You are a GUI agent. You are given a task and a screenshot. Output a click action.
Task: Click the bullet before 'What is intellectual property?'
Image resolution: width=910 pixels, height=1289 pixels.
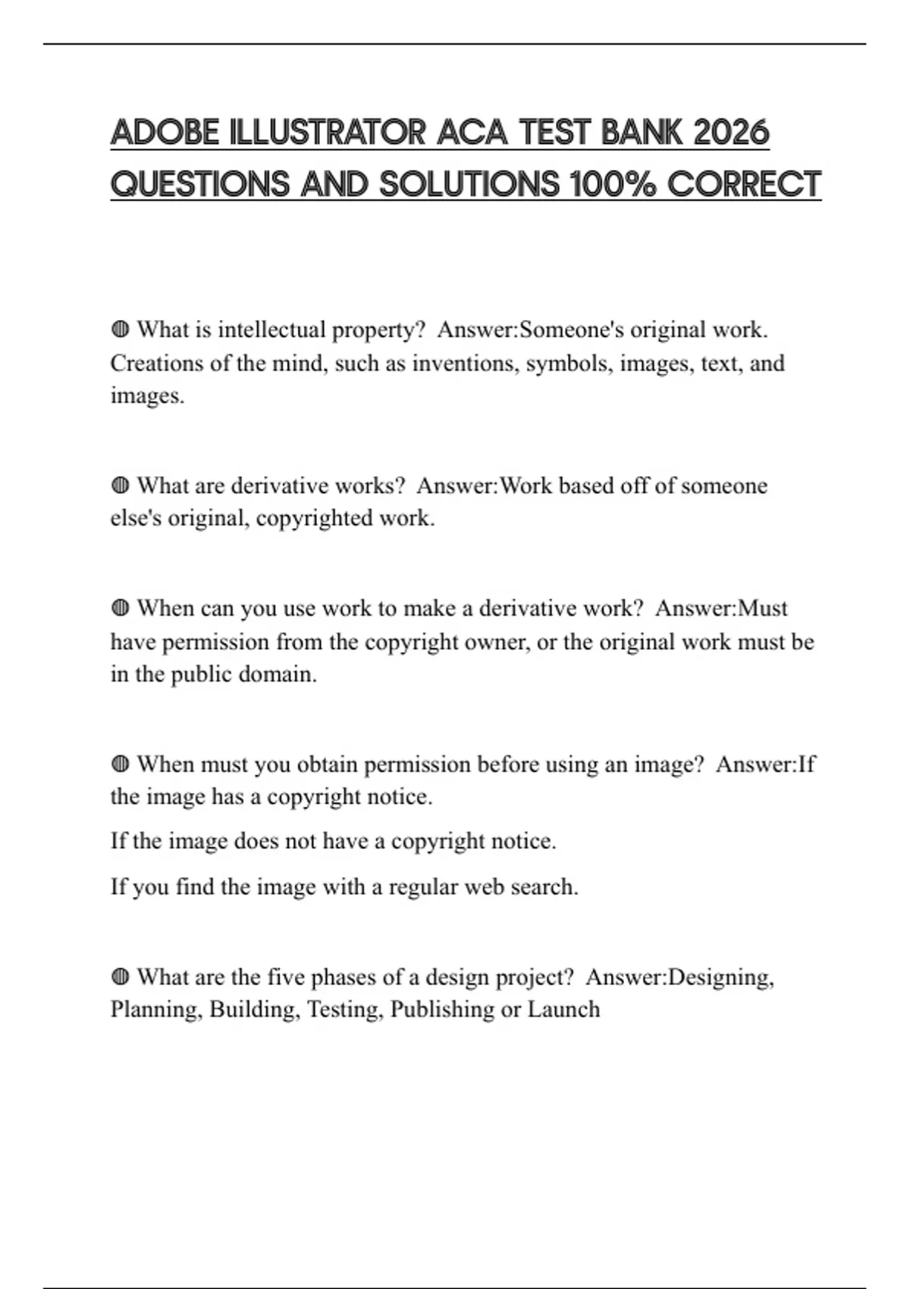(120, 330)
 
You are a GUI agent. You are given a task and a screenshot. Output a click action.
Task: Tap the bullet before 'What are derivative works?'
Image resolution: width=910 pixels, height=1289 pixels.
(120, 485)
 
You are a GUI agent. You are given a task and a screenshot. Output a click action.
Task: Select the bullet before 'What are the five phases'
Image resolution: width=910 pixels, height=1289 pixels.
(120, 977)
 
